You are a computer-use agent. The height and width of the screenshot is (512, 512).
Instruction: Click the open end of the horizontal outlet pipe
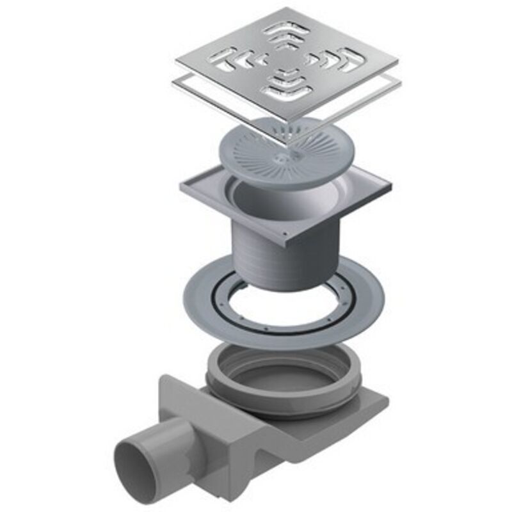136,462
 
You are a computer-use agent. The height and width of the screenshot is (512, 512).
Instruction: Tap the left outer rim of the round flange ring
192,301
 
